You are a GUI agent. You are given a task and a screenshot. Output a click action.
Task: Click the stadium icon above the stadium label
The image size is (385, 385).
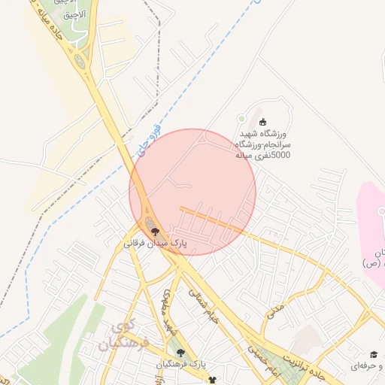click(x=262, y=122)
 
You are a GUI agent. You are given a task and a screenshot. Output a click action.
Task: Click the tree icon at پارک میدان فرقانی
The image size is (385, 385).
click(x=155, y=232)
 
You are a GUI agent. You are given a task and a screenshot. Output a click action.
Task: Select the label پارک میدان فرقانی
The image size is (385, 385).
click(x=154, y=244)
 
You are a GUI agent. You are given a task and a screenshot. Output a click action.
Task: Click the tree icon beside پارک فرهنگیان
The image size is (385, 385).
click(x=179, y=352)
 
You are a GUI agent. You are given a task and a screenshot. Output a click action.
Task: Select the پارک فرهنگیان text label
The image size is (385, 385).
click(x=180, y=365)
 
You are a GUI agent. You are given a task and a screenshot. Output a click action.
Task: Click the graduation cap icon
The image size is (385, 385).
click(x=373, y=355)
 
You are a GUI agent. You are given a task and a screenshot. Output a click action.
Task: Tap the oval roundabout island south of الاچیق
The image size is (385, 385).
click(x=79, y=61)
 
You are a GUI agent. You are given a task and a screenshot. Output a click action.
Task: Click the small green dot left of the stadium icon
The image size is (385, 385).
click(x=241, y=118)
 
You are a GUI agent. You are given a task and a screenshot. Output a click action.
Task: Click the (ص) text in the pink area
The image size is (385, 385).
click(x=370, y=263)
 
